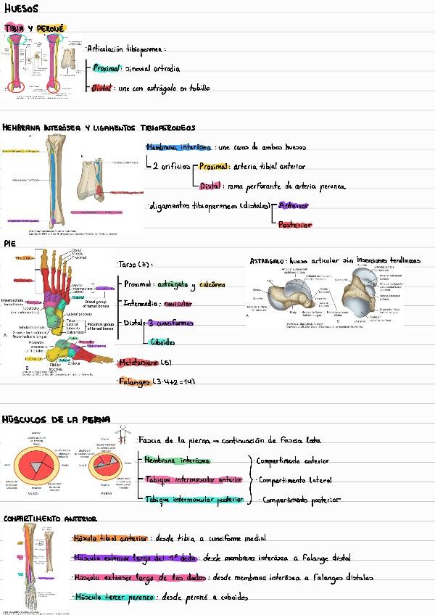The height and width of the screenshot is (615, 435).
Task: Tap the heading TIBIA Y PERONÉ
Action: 34,28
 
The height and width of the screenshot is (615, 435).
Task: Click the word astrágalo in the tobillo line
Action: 159,88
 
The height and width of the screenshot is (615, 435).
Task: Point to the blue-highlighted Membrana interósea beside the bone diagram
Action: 189,146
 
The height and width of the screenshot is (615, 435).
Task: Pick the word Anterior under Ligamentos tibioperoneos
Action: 294,206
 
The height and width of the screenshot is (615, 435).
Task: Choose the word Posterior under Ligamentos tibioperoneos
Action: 295,225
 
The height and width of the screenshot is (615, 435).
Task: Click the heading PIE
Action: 9,244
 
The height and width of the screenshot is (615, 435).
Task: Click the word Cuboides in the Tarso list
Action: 163,342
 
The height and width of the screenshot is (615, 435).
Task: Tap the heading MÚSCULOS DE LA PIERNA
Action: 56,420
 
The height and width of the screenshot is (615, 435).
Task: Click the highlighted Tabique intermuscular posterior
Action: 194,500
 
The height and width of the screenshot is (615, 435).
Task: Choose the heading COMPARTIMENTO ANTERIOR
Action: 50,519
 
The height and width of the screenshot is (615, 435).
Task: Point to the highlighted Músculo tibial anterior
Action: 110,538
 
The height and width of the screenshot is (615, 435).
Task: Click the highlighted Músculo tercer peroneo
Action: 114,597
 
